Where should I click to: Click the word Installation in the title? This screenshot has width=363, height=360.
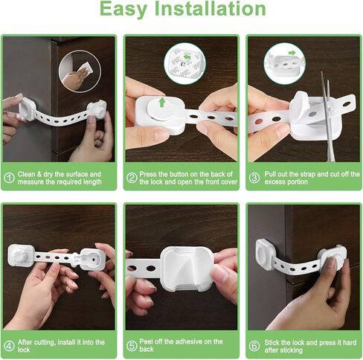(211, 9)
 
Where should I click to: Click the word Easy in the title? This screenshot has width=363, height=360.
(123, 10)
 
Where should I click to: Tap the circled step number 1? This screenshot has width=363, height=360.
(10, 178)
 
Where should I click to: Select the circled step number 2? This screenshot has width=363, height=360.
(132, 178)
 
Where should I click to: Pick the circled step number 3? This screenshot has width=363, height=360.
(254, 178)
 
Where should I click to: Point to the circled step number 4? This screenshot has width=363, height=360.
(10, 346)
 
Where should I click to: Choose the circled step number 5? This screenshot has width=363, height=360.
(132, 346)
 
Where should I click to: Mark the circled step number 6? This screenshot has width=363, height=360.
(254, 346)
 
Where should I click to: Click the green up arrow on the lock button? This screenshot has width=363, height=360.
(162, 102)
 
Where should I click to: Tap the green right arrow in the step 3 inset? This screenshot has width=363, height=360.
(292, 53)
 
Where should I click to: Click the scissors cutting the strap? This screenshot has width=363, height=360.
(328, 117)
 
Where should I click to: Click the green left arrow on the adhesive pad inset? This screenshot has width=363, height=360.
(185, 57)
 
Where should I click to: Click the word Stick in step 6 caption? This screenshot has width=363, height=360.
(272, 342)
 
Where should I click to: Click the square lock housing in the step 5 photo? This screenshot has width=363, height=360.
(187, 269)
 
